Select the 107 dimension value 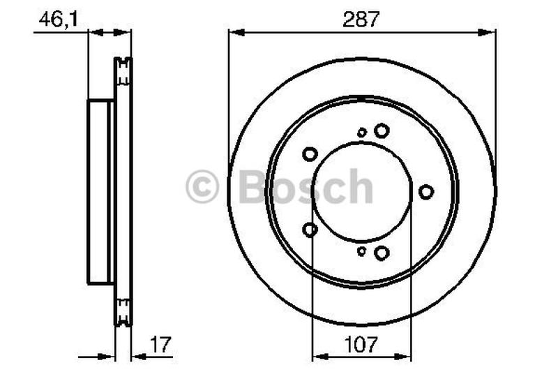coord(361,343)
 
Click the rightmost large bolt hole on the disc coord(426,191)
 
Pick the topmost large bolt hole coord(381,131)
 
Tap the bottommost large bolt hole coord(381,253)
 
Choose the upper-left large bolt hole coord(310,154)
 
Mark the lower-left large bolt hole coord(310,229)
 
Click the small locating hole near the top coord(361,132)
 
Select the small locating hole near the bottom coord(361,251)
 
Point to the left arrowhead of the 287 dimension coord(234,31)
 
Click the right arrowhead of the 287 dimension coord(490,31)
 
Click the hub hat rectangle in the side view coord(100,192)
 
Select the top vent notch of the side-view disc coord(123,70)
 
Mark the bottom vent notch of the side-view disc coord(123,311)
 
